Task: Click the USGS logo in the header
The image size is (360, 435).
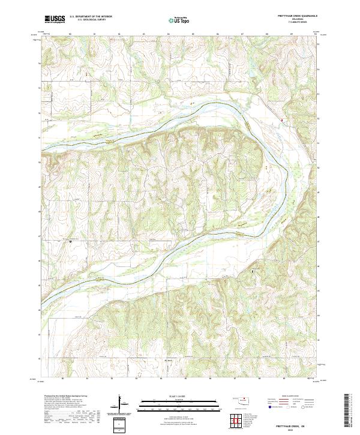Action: click(x=55, y=19)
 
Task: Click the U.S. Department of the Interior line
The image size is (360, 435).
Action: click(x=91, y=17)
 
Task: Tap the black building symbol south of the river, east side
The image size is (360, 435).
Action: click(x=253, y=272)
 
